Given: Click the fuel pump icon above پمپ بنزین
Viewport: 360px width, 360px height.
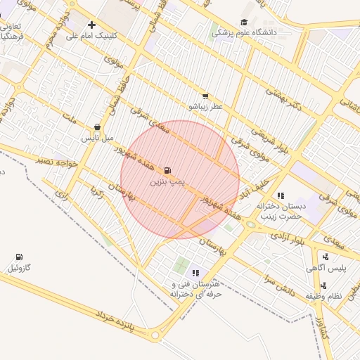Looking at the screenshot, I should (x=167, y=170).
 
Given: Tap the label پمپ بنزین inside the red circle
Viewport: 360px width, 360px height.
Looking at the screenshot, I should (x=167, y=181).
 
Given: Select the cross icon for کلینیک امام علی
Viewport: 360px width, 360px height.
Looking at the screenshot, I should (x=91, y=25).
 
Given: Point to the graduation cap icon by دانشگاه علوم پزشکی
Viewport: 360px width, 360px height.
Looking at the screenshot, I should (x=244, y=22).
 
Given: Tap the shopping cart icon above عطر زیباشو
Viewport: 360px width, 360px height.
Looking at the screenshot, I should (x=205, y=96).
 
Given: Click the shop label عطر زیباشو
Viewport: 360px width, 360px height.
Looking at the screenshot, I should (x=205, y=106).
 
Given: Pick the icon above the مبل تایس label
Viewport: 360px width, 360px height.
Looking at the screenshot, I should (x=97, y=127).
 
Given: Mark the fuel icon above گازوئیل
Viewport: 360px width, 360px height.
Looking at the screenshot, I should (x=18, y=257).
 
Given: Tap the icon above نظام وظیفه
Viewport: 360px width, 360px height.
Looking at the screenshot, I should (x=323, y=285).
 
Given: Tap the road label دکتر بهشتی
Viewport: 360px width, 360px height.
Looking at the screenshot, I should (x=283, y=99).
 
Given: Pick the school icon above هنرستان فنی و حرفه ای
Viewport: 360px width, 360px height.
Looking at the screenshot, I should (x=195, y=273).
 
